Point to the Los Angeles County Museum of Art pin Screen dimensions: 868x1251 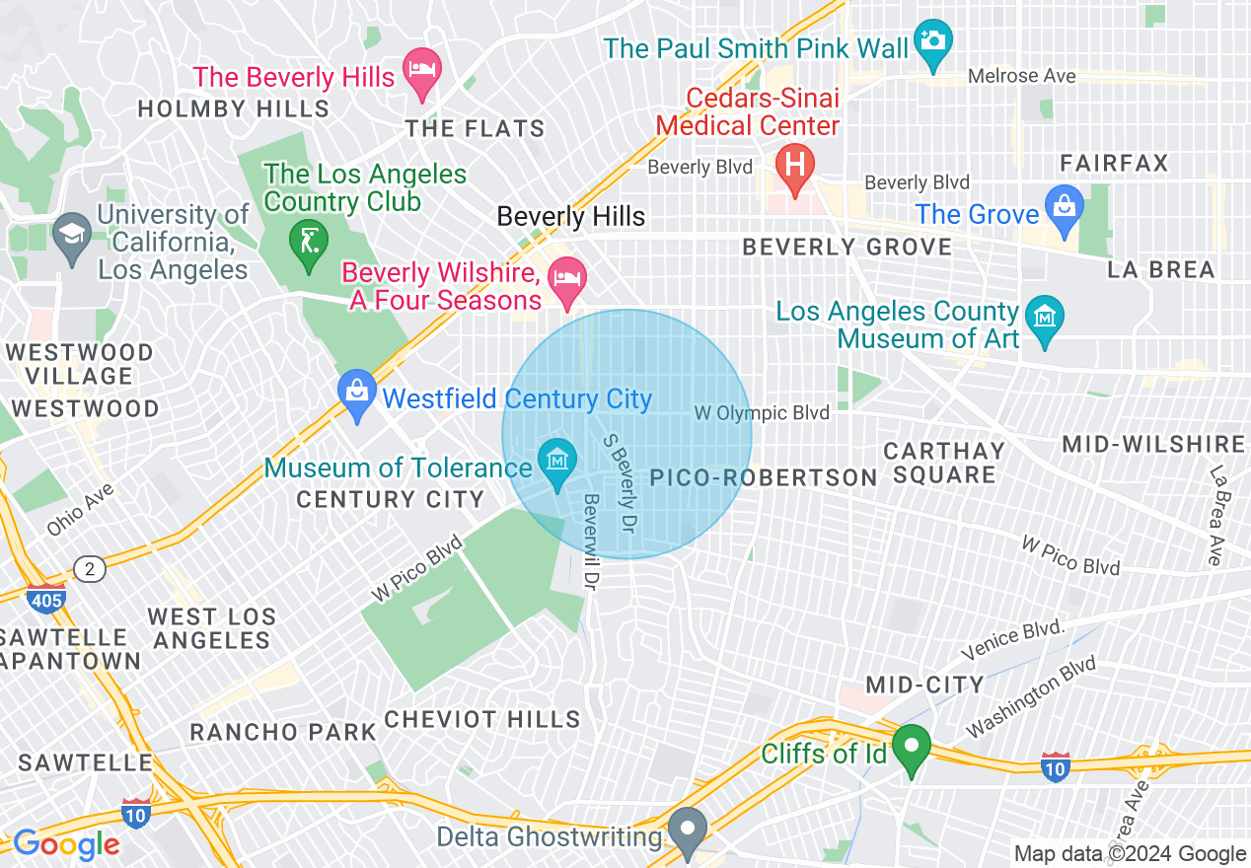1044,319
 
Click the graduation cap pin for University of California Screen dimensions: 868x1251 72,235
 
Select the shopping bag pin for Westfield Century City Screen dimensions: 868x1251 356,393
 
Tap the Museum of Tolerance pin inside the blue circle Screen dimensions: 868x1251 557,461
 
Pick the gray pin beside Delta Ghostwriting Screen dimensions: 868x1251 687,831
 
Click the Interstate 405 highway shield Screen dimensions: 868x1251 46,598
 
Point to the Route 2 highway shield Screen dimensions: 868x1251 90,569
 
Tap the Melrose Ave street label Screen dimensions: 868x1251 1021,76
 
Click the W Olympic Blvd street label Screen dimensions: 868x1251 762,413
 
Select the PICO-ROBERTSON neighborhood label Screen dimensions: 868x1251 764,478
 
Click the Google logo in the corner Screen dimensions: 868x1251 66,844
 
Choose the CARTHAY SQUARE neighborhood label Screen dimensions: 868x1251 943,463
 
